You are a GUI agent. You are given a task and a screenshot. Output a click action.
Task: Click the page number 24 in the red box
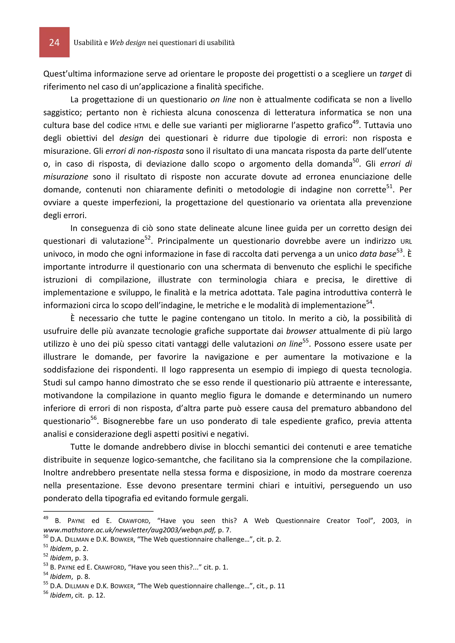(x=54, y=43)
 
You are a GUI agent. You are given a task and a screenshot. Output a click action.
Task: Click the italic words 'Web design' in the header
(x=128, y=43)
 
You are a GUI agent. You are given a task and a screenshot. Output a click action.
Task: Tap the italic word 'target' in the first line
(x=391, y=74)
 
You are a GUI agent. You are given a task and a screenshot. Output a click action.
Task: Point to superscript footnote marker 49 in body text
(x=355, y=122)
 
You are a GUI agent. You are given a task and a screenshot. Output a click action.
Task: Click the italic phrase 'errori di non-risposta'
(x=144, y=151)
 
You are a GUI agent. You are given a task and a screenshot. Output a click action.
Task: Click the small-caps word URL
(x=406, y=242)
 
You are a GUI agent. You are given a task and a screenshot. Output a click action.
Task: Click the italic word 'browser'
(x=301, y=331)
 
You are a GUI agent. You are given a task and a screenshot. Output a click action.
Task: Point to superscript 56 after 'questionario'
(x=93, y=418)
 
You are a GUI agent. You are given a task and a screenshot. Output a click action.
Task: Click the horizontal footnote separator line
(x=98, y=511)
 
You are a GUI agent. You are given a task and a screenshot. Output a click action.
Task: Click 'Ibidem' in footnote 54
(x=61, y=577)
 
